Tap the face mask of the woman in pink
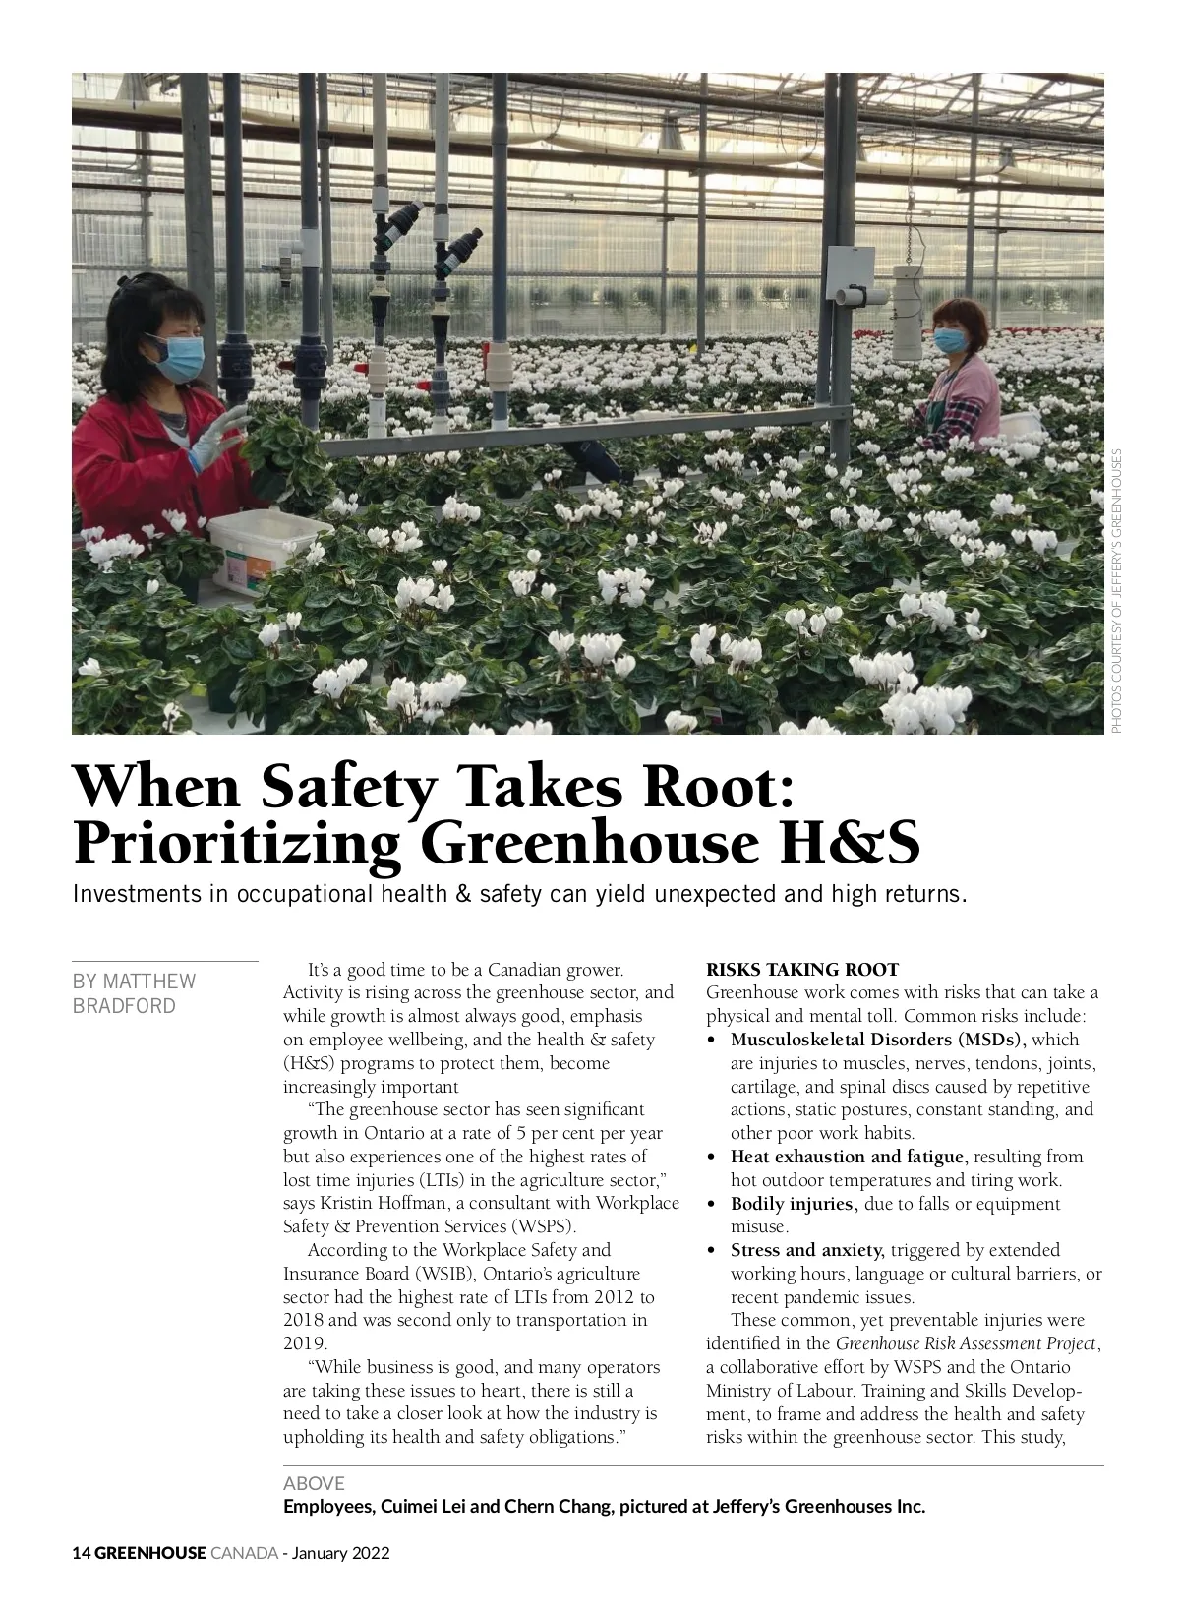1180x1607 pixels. click(950, 340)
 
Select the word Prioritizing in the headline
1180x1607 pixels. click(236, 843)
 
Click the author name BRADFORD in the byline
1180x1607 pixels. click(124, 1006)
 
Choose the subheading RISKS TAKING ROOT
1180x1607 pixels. click(802, 969)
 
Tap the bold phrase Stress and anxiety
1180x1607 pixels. click(807, 1250)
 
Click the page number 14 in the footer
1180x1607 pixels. click(82, 1553)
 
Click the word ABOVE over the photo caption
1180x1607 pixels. click(314, 1483)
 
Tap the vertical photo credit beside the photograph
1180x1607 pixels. click(1116, 590)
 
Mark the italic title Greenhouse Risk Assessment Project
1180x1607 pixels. click(966, 1343)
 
